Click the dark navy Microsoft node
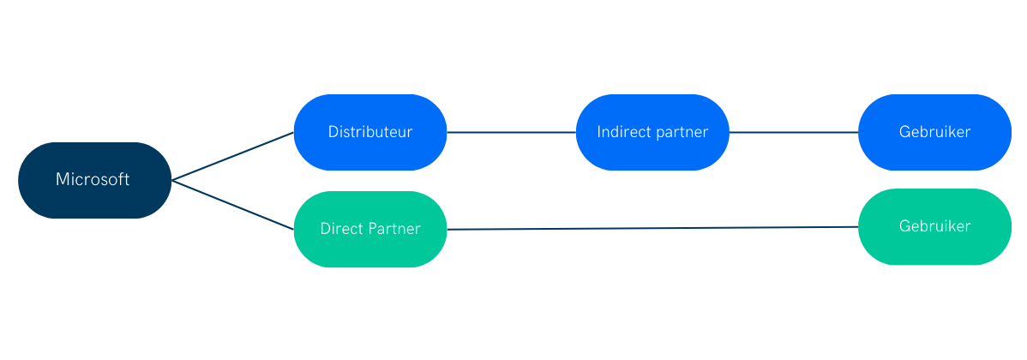tap(94, 180)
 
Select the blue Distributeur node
tap(369, 132)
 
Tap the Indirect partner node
tap(652, 132)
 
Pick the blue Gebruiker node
tap(934, 132)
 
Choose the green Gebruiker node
tap(934, 226)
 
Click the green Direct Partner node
tap(369, 229)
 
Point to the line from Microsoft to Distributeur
tap(231, 156)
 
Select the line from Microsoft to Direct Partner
tap(231, 204)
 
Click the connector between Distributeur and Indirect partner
tap(511, 133)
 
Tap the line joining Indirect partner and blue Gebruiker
tap(793, 133)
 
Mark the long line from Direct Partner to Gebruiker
tap(652, 228)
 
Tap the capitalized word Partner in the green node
tap(394, 229)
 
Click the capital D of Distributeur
tap(333, 132)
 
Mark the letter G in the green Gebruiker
tap(904, 226)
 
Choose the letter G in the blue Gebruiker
tap(904, 132)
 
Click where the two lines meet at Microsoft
tap(172, 180)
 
